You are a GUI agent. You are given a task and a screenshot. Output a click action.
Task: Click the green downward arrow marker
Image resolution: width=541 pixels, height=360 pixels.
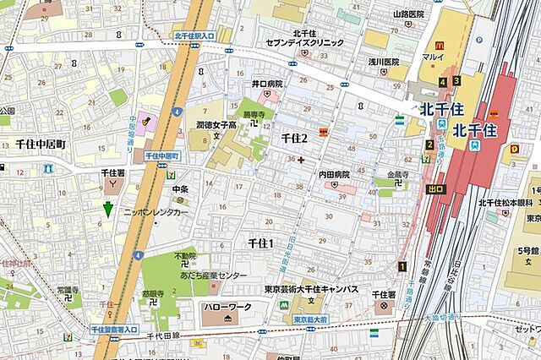click(x=107, y=210)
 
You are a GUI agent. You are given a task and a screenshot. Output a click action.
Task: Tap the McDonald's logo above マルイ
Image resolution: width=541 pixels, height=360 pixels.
click(x=439, y=45)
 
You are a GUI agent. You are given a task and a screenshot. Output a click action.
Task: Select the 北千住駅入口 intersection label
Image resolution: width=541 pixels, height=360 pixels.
click(x=194, y=35)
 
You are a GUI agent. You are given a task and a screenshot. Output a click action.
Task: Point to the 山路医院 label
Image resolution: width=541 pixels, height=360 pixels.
click(x=408, y=14)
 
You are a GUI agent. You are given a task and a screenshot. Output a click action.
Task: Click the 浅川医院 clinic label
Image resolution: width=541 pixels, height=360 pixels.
click(x=382, y=62)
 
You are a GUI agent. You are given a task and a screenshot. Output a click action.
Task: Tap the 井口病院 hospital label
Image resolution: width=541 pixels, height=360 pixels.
click(x=267, y=85)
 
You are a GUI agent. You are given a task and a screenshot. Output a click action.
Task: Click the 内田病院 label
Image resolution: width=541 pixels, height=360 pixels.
click(x=334, y=174)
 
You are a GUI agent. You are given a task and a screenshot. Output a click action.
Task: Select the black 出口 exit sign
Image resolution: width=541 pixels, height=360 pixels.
click(x=435, y=188)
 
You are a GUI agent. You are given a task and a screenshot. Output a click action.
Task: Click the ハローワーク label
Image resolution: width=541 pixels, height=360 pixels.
click(x=227, y=306)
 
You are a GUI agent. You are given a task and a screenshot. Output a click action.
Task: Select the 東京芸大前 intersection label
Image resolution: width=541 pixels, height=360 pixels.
click(x=309, y=319)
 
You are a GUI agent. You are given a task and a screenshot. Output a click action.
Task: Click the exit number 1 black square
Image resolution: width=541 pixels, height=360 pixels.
click(x=402, y=267)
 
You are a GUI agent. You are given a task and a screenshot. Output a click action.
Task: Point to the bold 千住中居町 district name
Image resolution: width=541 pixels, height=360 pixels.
click(x=40, y=145)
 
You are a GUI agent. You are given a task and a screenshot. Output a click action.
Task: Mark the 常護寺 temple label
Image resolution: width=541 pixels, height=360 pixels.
click(x=69, y=289)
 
